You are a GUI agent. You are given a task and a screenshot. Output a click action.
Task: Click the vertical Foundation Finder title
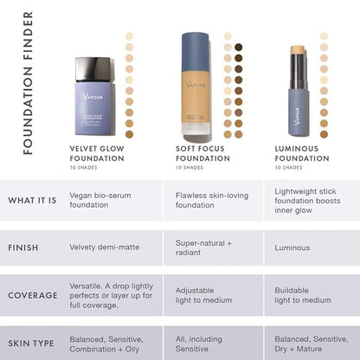click(28, 83)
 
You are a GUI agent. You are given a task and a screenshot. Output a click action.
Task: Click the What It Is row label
click(33, 201)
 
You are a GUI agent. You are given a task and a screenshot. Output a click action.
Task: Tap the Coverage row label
click(33, 295)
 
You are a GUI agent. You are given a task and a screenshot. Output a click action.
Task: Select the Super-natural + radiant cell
click(205, 247)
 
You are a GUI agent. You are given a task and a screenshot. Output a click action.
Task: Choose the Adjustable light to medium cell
click(204, 295)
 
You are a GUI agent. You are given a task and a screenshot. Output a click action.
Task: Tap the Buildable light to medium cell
click(303, 295)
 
